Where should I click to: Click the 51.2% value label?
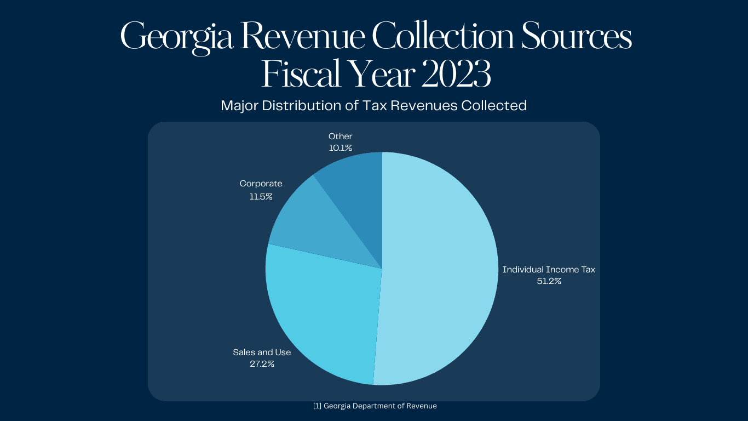tap(549, 281)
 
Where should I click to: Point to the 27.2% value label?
tap(262, 363)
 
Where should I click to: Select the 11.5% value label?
tap(261, 196)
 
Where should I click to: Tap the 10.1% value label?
tap(340, 148)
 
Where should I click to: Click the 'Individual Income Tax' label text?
tap(549, 269)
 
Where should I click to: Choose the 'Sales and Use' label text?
tap(262, 352)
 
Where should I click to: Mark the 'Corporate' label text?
tap(261, 184)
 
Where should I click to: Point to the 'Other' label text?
tap(340, 136)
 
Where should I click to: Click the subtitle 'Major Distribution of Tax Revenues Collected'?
tap(373, 105)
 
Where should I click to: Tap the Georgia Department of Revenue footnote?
tap(375, 406)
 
